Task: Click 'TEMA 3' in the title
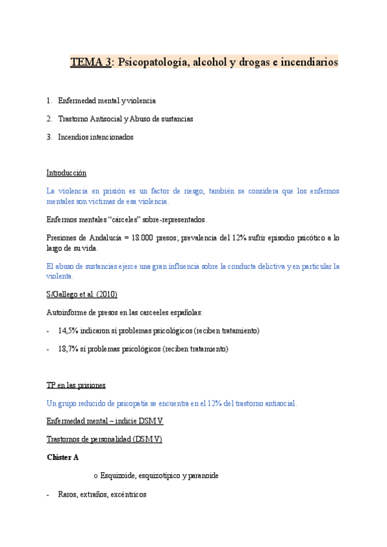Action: coord(90,63)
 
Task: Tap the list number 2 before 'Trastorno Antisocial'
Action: coord(49,119)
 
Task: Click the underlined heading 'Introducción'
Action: coord(66,173)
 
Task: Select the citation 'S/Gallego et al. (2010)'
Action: coord(82,294)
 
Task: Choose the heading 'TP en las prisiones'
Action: coord(76,385)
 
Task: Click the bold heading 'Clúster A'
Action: coord(63,457)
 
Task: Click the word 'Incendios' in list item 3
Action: coord(72,137)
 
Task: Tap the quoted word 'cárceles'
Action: coord(112,219)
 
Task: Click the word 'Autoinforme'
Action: coord(66,312)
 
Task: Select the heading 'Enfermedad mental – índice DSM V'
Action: coord(105,421)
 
